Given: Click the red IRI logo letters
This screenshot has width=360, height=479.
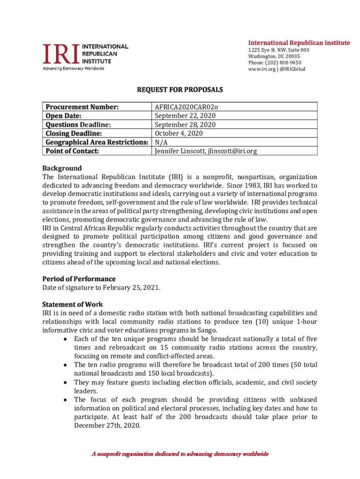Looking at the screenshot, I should (x=61, y=54).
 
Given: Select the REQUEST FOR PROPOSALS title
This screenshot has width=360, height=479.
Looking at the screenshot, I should (x=180, y=89).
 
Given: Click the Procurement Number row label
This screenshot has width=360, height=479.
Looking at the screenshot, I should (x=82, y=107).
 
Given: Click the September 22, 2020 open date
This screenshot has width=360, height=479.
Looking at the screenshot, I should (x=185, y=116).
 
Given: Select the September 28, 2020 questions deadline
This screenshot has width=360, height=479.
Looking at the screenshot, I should (x=185, y=124).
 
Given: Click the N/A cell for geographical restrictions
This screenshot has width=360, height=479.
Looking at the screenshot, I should (x=161, y=142).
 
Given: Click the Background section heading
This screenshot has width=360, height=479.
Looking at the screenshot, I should (x=62, y=168).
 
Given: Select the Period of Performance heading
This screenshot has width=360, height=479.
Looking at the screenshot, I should (x=79, y=279).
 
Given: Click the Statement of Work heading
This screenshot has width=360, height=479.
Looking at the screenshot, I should (x=72, y=305).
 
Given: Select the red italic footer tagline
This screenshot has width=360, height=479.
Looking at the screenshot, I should (x=180, y=454).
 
